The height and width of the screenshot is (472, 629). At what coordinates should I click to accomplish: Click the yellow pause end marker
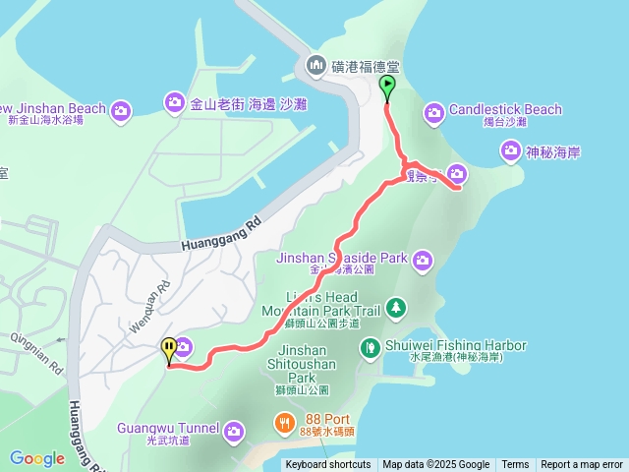click(x=169, y=348)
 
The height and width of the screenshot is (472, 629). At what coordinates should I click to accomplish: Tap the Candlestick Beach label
click(x=505, y=110)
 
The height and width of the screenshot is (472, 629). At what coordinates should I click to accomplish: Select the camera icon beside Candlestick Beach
click(x=433, y=114)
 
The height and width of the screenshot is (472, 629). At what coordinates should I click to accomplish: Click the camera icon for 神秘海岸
click(x=510, y=151)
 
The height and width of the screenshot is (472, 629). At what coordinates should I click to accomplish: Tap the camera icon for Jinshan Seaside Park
click(x=422, y=260)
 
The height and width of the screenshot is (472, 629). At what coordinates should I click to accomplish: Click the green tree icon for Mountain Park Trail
click(x=395, y=309)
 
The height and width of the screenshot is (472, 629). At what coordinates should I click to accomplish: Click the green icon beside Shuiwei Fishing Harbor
click(x=370, y=347)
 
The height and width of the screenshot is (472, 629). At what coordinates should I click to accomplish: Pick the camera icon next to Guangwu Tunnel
click(x=234, y=431)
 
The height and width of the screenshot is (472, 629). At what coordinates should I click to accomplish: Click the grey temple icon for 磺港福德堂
click(x=315, y=66)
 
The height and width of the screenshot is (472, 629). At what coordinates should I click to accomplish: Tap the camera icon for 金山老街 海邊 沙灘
click(x=174, y=101)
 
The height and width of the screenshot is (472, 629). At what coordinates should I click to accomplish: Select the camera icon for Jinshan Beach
click(x=121, y=109)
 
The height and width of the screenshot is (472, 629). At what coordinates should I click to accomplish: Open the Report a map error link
click(x=582, y=465)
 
